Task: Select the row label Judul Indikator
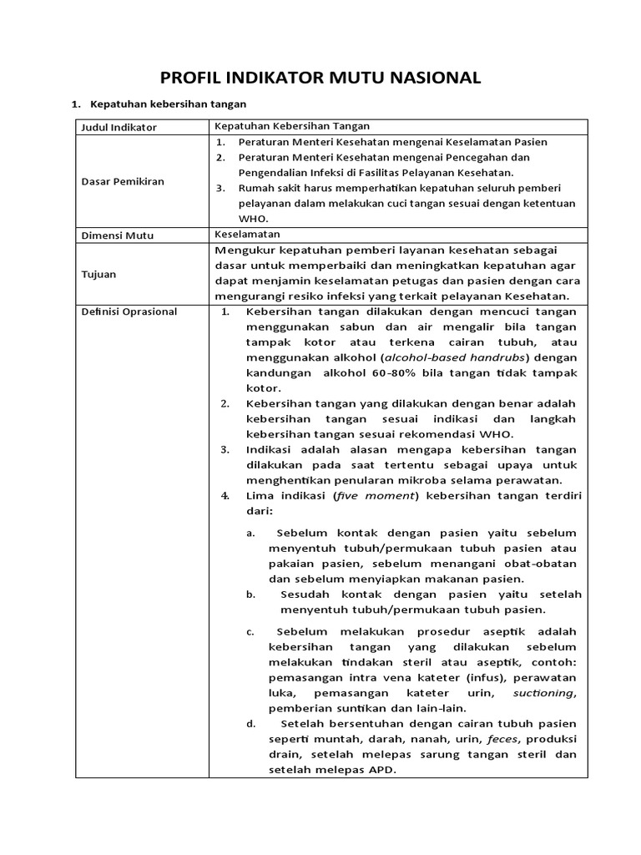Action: tap(117, 127)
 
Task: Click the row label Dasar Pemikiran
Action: tap(121, 180)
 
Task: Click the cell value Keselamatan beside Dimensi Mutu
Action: tap(247, 235)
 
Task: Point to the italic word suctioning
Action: tap(543, 693)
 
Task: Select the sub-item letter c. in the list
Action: tap(250, 631)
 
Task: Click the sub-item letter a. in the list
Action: tap(250, 534)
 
